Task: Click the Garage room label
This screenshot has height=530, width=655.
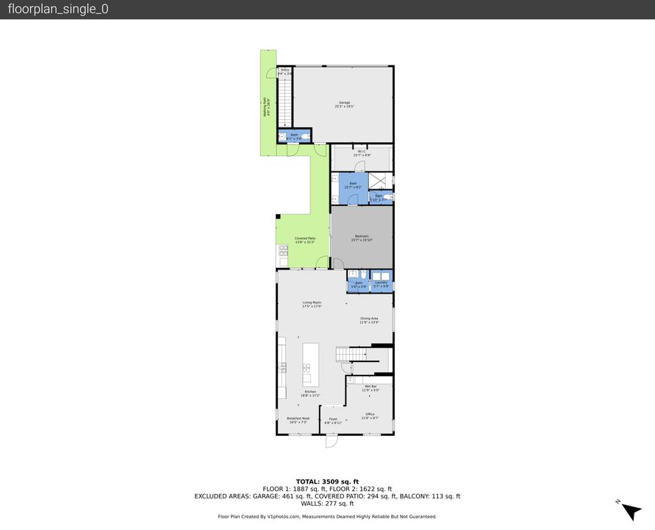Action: (344, 105)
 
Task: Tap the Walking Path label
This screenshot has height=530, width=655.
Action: (266, 109)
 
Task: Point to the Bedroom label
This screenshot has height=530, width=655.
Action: (362, 238)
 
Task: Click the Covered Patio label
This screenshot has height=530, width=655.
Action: (305, 240)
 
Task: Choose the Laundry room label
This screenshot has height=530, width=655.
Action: (381, 283)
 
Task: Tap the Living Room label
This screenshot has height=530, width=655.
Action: (312, 304)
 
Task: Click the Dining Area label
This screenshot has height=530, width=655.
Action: (369, 320)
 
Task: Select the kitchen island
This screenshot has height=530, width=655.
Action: (311, 364)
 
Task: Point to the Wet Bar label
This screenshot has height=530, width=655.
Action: (370, 388)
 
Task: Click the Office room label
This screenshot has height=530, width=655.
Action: (370, 416)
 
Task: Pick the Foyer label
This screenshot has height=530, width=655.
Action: (333, 421)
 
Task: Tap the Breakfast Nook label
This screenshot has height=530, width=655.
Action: (298, 420)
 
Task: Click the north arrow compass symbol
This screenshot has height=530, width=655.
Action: (630, 509)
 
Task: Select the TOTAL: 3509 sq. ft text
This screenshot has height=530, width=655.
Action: (327, 481)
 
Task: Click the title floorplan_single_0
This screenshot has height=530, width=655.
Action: (58, 10)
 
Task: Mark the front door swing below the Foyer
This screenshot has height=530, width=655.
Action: (331, 442)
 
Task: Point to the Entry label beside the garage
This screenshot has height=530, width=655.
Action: (285, 71)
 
